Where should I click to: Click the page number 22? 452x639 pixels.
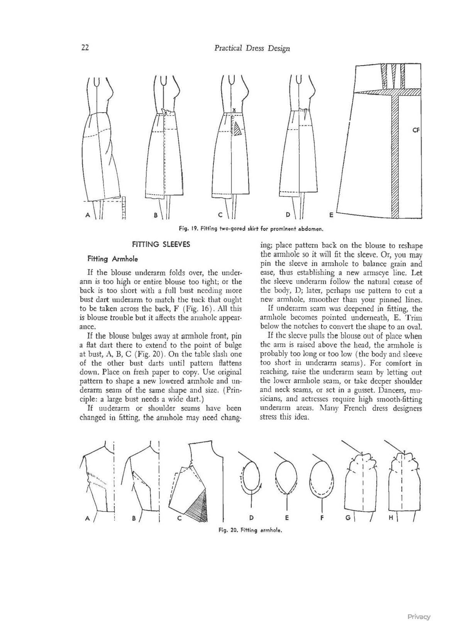85,48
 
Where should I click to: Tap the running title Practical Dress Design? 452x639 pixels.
252,48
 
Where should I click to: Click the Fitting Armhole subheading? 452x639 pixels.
113,259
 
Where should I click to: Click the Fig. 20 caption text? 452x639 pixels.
250,530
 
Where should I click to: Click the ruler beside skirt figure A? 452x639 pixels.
124,208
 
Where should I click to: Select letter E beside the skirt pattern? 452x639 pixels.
331,215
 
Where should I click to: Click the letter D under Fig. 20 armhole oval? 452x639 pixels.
251,518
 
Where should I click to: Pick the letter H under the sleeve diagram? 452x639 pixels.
391,518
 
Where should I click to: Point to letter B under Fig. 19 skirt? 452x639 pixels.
156,215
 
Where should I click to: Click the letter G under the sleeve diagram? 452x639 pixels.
348,518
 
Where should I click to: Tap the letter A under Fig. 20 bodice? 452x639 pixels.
88,519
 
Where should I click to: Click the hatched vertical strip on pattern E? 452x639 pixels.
395,159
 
